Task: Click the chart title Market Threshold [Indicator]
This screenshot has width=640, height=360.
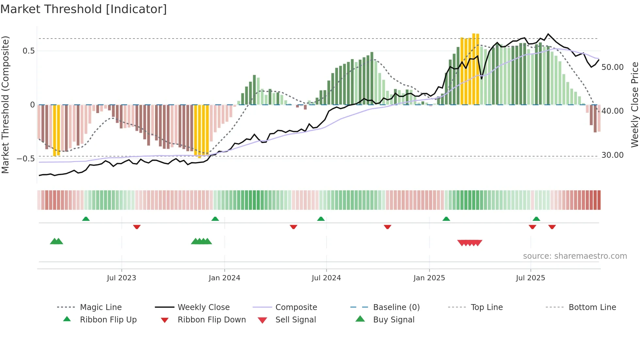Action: [84, 9]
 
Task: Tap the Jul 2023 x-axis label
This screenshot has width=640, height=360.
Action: [121, 278]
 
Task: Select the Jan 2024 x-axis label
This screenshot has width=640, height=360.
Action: [224, 278]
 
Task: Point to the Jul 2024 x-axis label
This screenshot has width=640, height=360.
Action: [326, 278]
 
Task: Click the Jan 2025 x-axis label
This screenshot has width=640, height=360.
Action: [429, 278]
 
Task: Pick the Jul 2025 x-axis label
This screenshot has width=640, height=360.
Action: [530, 278]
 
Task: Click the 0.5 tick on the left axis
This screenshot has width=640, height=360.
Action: [28, 51]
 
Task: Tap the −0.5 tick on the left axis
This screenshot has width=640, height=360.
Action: [26, 159]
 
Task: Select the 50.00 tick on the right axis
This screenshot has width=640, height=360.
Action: [612, 67]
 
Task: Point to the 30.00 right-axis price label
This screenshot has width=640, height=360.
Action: [612, 155]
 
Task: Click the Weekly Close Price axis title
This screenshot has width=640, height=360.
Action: [634, 105]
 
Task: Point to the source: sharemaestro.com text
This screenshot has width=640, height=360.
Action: [575, 256]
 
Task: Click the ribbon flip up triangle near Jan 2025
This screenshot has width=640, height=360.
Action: [446, 219]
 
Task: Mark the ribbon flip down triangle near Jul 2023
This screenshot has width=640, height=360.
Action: [137, 227]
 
